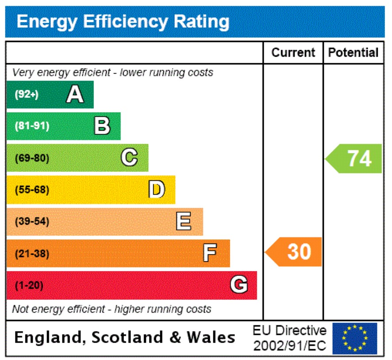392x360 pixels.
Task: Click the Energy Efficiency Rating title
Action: click(123, 22)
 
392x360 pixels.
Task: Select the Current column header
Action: click(293, 53)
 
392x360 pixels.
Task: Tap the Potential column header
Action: click(353, 53)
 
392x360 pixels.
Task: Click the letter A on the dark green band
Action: click(75, 94)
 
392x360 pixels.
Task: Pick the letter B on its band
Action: click(102, 126)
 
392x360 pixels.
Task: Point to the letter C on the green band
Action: click(129, 158)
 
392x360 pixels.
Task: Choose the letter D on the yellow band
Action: click(157, 190)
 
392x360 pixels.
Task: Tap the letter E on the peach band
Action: click(184, 221)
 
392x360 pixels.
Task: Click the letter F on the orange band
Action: click(210, 253)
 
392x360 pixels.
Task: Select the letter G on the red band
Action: click(238, 285)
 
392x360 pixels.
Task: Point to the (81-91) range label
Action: click(32, 126)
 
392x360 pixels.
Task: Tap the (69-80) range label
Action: click(32, 158)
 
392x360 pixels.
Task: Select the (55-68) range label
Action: click(32, 190)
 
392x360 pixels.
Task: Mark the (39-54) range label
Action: click(32, 222)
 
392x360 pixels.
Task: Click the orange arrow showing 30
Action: click(294, 252)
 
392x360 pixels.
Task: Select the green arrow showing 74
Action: click(354, 158)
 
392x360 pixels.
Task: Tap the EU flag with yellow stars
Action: click(354, 338)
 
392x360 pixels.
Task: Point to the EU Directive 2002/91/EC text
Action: click(289, 338)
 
